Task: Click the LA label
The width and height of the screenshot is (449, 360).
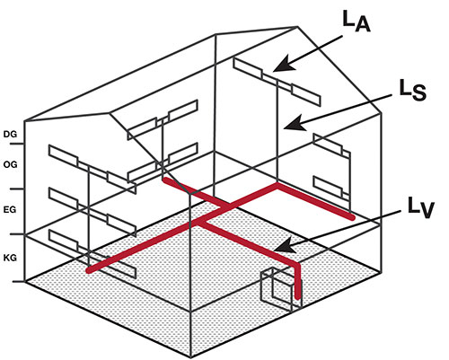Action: (x=357, y=22)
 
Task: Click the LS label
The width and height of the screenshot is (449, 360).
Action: (x=413, y=90)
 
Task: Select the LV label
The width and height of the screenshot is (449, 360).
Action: (x=421, y=207)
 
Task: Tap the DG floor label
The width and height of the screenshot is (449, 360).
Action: (x=10, y=134)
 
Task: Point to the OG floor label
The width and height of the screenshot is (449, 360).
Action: (x=10, y=164)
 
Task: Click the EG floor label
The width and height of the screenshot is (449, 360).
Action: (x=10, y=209)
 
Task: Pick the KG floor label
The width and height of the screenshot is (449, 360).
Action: (x=10, y=258)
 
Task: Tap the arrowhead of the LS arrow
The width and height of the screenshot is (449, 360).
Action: (x=294, y=124)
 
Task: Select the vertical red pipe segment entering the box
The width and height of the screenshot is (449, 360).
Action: (x=297, y=281)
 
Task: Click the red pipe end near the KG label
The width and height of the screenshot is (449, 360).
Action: (x=88, y=270)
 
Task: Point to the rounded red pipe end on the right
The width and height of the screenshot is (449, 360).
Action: (x=353, y=217)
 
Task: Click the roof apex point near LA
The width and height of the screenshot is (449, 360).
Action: (x=297, y=27)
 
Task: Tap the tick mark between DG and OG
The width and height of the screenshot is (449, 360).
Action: (x=17, y=144)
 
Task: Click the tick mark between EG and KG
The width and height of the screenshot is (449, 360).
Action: (x=17, y=234)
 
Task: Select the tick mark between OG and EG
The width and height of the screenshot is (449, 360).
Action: (x=17, y=189)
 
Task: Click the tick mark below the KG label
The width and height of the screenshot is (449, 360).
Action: (x=18, y=281)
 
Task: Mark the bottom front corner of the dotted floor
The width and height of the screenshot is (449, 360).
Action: (x=191, y=357)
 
